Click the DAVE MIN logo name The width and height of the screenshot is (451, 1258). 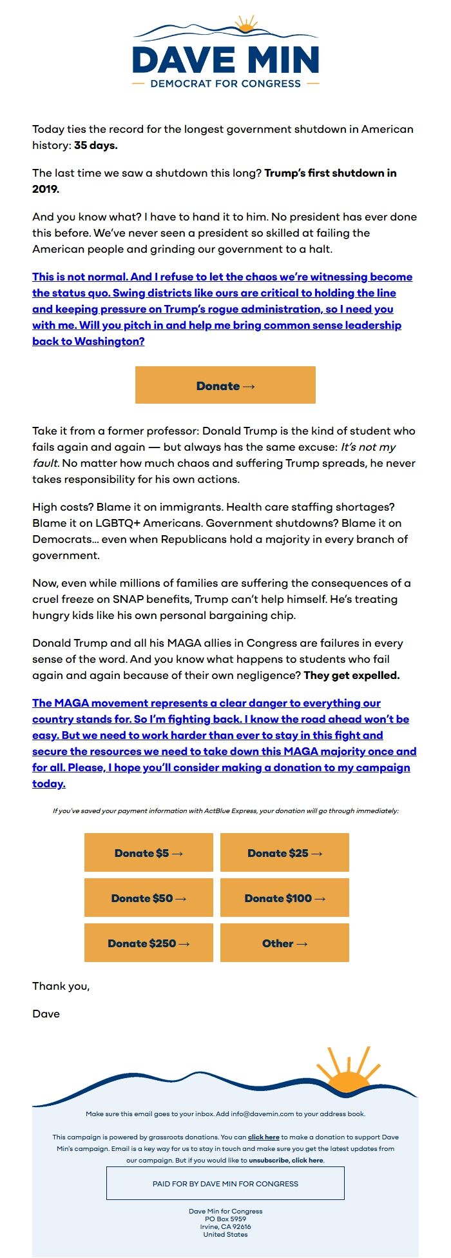click(225, 60)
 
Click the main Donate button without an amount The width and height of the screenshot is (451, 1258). click(225, 386)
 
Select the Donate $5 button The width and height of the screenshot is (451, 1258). click(149, 853)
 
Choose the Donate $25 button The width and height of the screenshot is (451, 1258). click(285, 853)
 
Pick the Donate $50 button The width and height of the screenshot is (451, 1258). click(149, 898)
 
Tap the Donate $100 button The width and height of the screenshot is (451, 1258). click(285, 898)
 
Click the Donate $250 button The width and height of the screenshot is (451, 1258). click(149, 943)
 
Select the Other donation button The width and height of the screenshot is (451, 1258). click(285, 943)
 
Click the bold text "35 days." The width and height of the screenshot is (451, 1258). click(96, 146)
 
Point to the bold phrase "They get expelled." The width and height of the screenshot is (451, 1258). click(352, 676)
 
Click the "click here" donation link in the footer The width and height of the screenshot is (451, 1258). click(264, 1137)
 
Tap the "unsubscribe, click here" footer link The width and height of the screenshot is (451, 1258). click(286, 1161)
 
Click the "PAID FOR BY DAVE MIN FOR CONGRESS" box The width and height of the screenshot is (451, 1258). click(225, 1184)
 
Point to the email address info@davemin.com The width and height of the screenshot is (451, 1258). click(262, 1114)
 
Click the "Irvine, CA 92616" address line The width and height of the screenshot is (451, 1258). click(225, 1227)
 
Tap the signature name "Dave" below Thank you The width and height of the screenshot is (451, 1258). click(46, 1014)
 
